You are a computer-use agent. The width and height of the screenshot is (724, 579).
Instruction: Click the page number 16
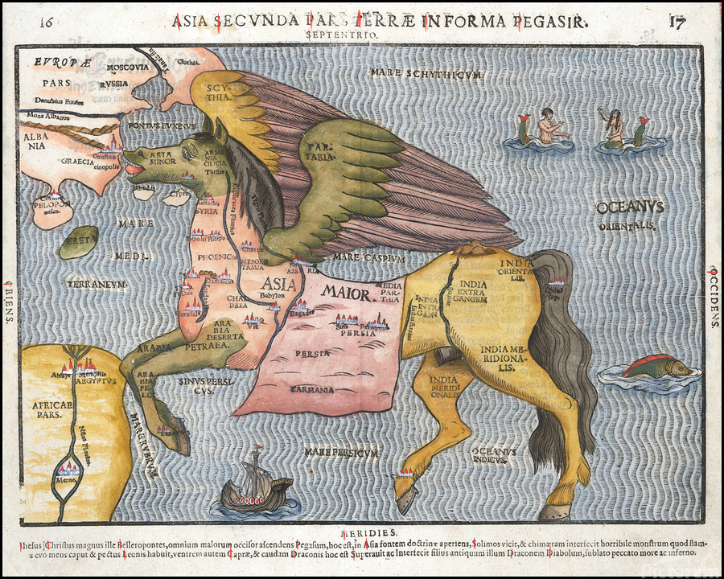(x=47, y=21)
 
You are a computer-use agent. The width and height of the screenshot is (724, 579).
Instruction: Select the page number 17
(x=677, y=21)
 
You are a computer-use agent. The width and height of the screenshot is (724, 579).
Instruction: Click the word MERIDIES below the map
(x=368, y=533)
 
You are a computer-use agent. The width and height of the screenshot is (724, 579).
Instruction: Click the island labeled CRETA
(x=78, y=241)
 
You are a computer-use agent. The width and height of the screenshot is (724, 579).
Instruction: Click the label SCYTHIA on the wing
(x=220, y=91)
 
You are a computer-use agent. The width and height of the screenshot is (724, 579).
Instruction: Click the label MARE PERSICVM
(x=341, y=453)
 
